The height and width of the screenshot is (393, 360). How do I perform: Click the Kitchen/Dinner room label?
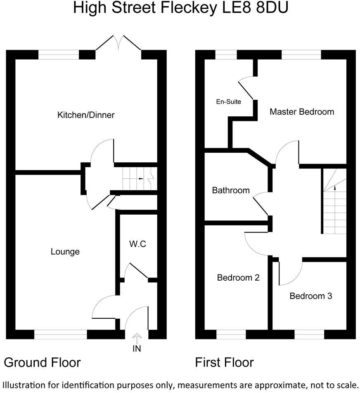click(x=85, y=115)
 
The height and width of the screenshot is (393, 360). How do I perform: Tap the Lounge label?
click(x=65, y=251)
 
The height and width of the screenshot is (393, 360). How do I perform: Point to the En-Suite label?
click(x=228, y=101)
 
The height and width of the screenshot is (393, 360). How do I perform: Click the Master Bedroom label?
click(x=301, y=111)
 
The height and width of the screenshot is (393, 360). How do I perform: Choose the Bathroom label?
click(x=230, y=190)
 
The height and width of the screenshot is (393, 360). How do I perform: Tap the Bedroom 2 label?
click(x=238, y=277)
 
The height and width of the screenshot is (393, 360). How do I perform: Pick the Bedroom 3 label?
click(x=310, y=296)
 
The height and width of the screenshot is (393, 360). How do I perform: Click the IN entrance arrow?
click(x=137, y=338)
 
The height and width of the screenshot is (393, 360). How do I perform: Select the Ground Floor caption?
click(x=42, y=362)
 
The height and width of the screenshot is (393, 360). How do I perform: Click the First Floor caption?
click(x=224, y=362)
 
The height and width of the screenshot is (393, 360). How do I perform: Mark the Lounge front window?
click(x=61, y=334)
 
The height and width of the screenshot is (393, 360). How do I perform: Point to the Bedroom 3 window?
click(x=310, y=334)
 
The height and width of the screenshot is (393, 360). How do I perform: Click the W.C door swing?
click(x=136, y=270)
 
